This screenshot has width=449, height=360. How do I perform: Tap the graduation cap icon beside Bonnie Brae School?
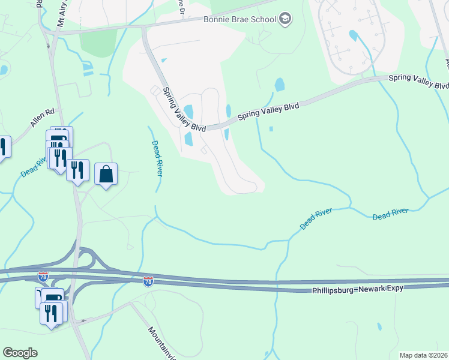[286, 19]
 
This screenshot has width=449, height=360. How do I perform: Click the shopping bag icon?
[106, 175]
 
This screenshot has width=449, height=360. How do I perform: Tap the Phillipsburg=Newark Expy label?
[358, 289]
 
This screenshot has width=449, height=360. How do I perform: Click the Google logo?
[20, 353]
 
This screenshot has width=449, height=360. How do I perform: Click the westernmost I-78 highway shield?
[43, 277]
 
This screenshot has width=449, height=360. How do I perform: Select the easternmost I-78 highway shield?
[148, 281]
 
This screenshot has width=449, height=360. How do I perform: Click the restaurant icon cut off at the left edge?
[3, 148]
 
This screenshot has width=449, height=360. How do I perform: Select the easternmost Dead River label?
[390, 214]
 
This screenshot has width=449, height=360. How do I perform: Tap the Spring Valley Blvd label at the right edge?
[419, 81]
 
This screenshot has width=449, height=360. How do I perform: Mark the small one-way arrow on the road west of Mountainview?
[85, 320]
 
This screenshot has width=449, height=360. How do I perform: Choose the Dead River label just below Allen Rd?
[34, 167]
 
